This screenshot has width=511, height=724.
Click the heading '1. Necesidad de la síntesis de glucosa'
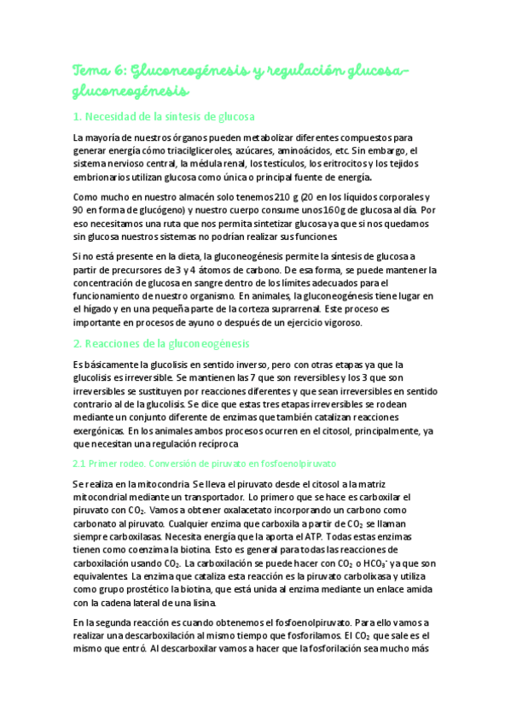164,117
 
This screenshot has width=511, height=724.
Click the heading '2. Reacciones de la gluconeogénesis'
160,343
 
